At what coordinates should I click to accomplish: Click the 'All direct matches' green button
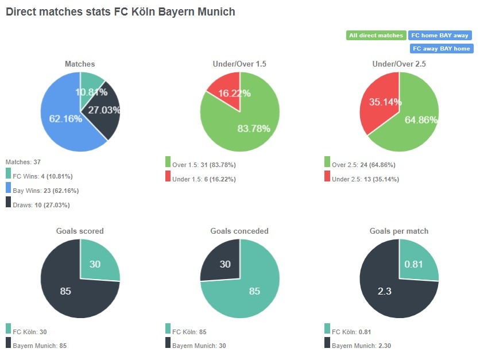[x=376, y=36]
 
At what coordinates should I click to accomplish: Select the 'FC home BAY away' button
[x=440, y=36]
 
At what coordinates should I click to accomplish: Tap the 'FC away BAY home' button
[x=440, y=49]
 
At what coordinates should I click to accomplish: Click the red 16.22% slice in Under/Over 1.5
[x=225, y=91]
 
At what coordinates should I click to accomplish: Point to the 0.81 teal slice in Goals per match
[x=417, y=263]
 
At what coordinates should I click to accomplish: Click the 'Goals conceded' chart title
[x=239, y=231]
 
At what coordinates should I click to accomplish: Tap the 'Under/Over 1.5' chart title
[x=239, y=64]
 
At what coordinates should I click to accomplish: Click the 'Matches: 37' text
[x=23, y=162]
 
